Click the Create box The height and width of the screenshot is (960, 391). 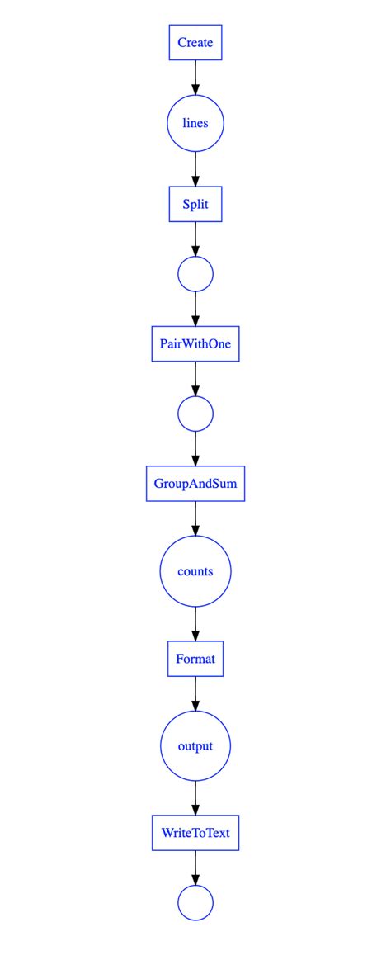point(195,42)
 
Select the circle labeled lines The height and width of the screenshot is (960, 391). point(195,124)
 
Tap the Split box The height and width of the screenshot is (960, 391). point(195,205)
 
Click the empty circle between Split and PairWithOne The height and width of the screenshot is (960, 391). point(195,273)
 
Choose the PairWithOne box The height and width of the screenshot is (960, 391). point(195,343)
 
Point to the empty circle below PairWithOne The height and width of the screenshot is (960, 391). point(195,414)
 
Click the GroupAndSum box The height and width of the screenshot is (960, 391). point(195,484)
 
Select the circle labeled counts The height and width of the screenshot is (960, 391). point(195,571)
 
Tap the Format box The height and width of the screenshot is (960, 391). point(195,659)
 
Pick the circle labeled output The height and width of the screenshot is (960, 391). point(195,746)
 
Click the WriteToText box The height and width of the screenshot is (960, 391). point(195,833)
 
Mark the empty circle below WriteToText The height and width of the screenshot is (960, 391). point(195,902)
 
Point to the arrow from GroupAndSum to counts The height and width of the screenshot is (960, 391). point(195,518)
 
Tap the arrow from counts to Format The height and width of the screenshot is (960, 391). point(195,623)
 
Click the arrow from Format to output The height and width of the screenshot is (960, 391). point(195,693)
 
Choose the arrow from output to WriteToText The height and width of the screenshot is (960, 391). point(195,798)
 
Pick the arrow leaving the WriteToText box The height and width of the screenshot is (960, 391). point(195,867)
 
